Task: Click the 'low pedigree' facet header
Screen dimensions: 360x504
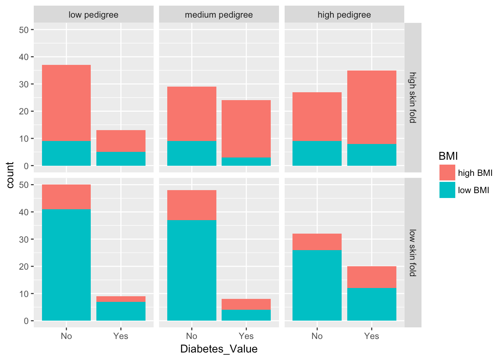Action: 93,15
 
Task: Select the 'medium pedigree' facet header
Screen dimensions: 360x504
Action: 219,15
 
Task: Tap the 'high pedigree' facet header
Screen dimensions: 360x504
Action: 344,15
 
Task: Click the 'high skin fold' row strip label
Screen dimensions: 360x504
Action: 412,97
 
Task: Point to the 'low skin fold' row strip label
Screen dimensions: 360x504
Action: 412,253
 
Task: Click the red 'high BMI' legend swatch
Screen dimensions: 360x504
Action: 447,173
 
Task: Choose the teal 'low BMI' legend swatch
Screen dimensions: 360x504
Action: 447,190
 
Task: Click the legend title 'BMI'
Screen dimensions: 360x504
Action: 448,156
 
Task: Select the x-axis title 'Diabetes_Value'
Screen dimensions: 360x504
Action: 219,349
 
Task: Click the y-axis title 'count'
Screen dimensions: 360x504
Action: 10,175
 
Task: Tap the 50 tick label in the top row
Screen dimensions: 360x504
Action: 24,30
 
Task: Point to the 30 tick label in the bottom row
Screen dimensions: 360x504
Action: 24,239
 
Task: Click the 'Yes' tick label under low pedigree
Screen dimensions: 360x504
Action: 121,336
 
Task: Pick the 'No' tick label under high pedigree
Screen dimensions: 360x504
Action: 317,336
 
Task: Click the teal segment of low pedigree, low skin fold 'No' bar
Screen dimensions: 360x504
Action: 66,265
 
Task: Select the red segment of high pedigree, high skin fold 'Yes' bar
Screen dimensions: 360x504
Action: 372,107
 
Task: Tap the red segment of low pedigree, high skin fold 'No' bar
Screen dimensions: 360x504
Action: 66,103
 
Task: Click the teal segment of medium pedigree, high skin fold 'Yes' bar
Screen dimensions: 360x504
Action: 246,161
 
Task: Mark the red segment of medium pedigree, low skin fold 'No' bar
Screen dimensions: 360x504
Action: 192,205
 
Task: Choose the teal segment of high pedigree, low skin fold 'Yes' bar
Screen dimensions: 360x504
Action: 372,304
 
